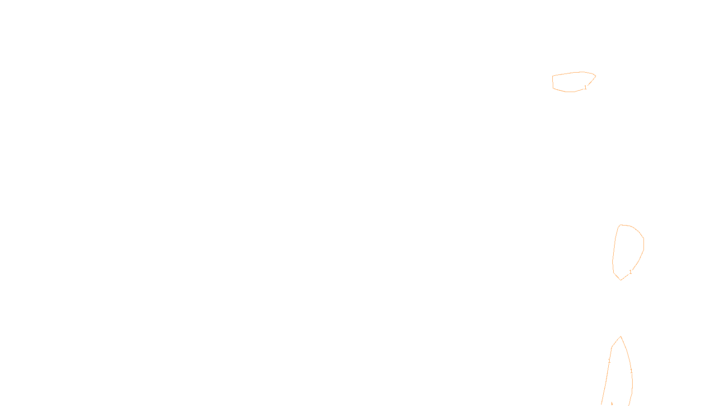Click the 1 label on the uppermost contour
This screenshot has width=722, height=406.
pyautogui.click(x=585, y=88)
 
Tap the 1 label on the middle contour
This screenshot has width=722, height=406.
pyautogui.click(x=630, y=272)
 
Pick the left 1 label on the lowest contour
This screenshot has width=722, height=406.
pyautogui.click(x=609, y=361)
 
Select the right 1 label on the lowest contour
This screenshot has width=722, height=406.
pyautogui.click(x=631, y=371)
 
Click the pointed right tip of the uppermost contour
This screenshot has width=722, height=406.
pyautogui.click(x=596, y=76)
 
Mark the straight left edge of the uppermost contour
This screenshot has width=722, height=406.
pyautogui.click(x=553, y=82)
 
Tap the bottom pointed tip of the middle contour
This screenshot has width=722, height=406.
pyautogui.click(x=620, y=280)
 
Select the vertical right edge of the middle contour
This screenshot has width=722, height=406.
pyautogui.click(x=643, y=244)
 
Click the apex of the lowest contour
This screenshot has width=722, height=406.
pyautogui.click(x=621, y=337)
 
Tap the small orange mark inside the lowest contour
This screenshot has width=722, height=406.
pyautogui.click(x=611, y=403)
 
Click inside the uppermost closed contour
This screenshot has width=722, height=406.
pyautogui.click(x=571, y=82)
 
